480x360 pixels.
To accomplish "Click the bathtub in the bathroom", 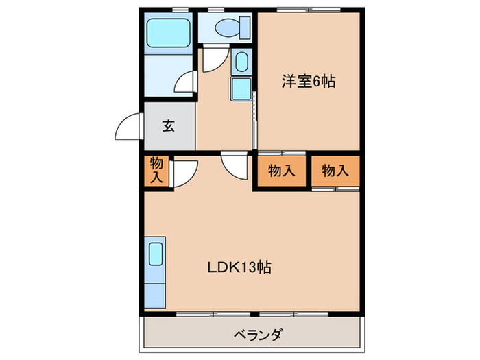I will tap(169, 32).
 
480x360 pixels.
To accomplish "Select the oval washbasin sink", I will tap(241, 62).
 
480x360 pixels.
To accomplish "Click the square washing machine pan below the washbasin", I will tap(241, 88).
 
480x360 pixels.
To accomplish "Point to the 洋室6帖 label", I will tap(308, 82).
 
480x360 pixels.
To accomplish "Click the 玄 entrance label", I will tap(169, 126).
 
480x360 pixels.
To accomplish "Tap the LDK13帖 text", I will tap(240, 267).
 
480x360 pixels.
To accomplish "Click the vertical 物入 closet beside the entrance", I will tap(156, 170).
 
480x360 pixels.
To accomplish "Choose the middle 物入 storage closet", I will tap(282, 171).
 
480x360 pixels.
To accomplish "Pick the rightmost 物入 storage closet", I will tap(335, 171).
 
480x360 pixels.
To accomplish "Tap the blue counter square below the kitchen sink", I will tap(155, 292).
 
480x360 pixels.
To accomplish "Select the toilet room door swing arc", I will tap(213, 60).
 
